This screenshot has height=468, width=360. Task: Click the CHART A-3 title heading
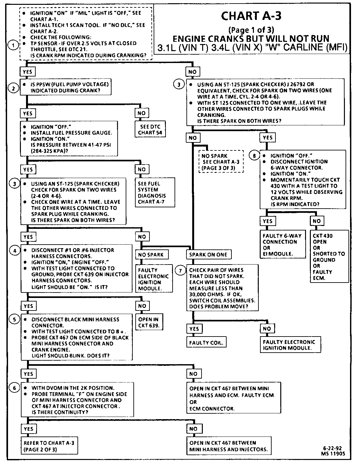(x=251, y=16)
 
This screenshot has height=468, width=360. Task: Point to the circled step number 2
(x=13, y=87)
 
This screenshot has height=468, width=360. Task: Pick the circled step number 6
(x=14, y=388)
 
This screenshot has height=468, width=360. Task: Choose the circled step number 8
(x=254, y=156)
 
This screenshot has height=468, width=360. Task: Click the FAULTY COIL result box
(x=206, y=343)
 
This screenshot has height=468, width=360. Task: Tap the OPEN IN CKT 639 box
(x=149, y=322)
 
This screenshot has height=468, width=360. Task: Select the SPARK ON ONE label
(x=208, y=255)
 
